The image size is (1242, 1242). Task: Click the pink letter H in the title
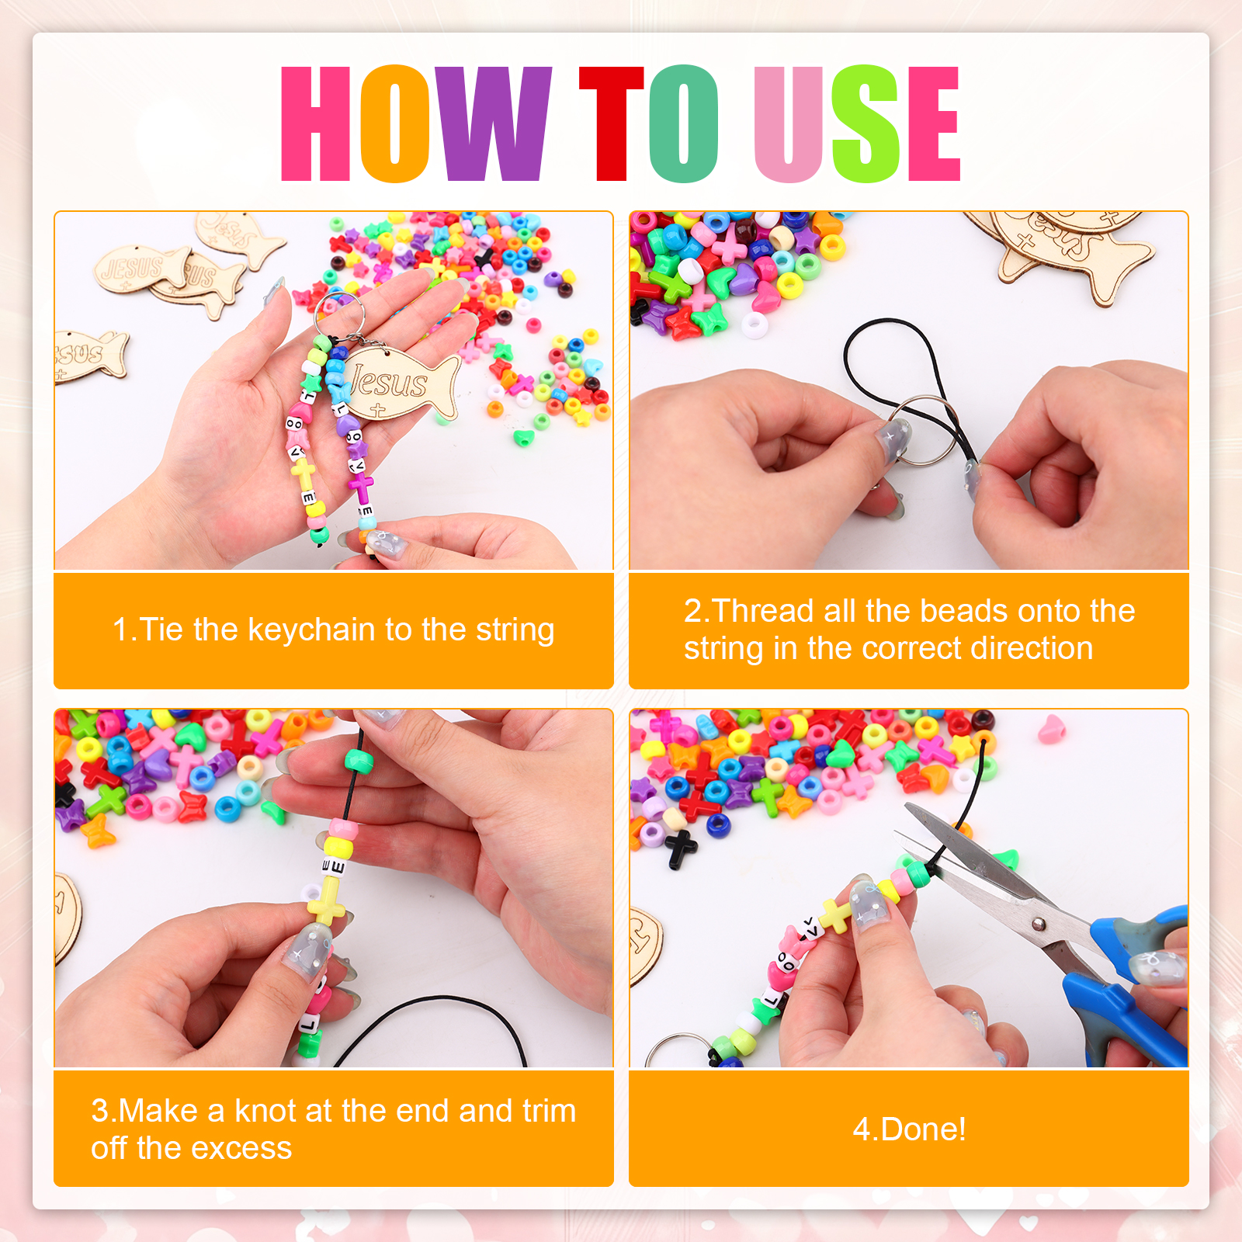click(315, 124)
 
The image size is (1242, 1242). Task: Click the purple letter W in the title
click(491, 124)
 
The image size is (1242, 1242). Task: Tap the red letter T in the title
click(612, 124)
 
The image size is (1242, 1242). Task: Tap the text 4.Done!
click(909, 1129)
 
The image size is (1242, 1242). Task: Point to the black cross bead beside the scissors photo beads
click(680, 848)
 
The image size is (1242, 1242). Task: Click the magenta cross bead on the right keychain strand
click(361, 487)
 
